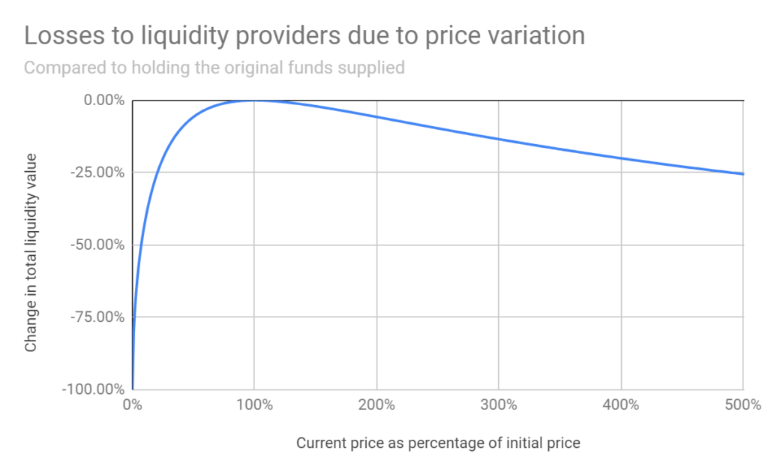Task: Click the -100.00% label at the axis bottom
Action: pyautogui.click(x=94, y=389)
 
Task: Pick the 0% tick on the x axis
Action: pyautogui.click(x=132, y=406)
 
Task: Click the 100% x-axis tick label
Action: pyautogui.click(x=254, y=406)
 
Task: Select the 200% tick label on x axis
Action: pyautogui.click(x=376, y=406)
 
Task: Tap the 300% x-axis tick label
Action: pyautogui.click(x=499, y=406)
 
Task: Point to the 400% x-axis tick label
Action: pyautogui.click(x=621, y=406)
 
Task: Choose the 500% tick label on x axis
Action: pyautogui.click(x=742, y=406)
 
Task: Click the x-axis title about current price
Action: pyautogui.click(x=438, y=443)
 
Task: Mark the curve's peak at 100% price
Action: pyautogui.click(x=254, y=101)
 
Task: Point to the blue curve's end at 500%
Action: pyautogui.click(x=742, y=174)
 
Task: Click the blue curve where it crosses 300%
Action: pyautogui.click(x=499, y=139)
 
